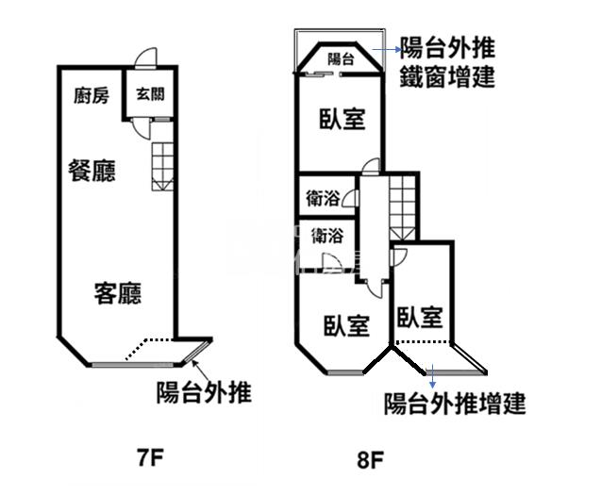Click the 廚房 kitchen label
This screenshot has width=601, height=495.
[92, 94]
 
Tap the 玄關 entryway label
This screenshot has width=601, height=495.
[148, 94]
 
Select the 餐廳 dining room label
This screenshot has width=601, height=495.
[92, 171]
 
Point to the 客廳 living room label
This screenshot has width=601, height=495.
[117, 293]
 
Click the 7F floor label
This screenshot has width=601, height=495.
[150, 459]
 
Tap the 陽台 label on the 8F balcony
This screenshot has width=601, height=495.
[341, 58]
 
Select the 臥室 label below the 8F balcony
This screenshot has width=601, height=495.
[342, 120]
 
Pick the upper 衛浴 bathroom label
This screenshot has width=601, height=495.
[324, 199]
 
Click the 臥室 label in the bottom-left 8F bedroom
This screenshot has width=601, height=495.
[345, 325]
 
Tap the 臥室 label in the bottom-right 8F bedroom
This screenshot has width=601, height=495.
[420, 318]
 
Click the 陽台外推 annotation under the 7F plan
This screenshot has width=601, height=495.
[204, 392]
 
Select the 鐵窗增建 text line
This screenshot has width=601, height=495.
[447, 76]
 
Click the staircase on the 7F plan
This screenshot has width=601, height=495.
[162, 165]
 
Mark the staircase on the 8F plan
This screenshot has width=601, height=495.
[402, 207]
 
